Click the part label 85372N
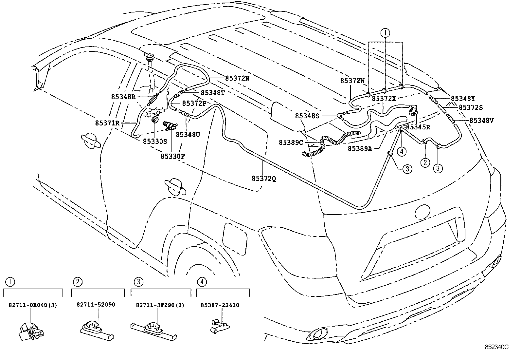(237, 78)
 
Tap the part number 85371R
(107, 123)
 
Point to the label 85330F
(172, 156)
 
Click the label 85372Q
(264, 179)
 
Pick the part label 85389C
(291, 142)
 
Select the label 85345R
(418, 127)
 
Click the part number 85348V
(481, 121)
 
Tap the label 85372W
(352, 80)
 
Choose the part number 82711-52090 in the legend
(96, 305)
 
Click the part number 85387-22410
(220, 305)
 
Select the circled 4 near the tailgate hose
(402, 151)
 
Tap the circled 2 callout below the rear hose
(425, 162)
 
